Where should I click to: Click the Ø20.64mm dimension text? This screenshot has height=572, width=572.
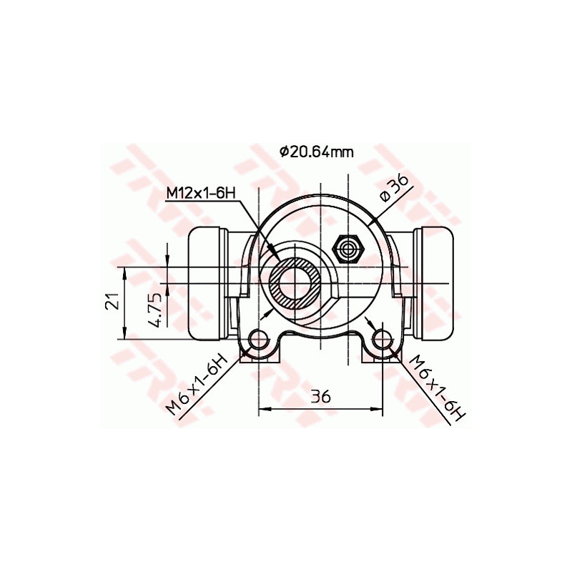click(316, 151)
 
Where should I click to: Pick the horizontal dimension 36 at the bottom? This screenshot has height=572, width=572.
click(321, 396)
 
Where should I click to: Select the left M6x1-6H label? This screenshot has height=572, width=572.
click(196, 383)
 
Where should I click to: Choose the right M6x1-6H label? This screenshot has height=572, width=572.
click(435, 387)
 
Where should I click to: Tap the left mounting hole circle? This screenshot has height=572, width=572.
click(259, 338)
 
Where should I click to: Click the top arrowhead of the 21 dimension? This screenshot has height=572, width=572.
click(126, 272)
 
